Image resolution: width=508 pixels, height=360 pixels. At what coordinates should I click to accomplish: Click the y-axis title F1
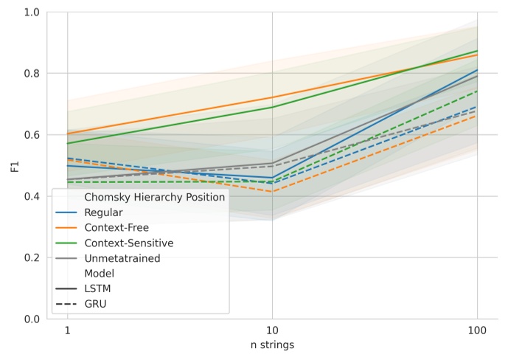pos(15,165)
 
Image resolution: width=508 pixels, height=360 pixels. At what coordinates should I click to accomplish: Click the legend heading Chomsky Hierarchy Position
pos(154,197)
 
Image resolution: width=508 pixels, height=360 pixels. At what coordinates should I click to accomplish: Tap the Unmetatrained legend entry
pos(122,257)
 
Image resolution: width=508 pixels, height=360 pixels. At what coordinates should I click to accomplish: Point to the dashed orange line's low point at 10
pos(272,192)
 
